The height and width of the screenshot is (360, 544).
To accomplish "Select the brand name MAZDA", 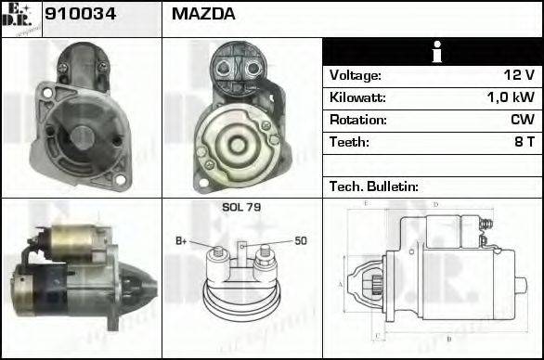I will point(203,14).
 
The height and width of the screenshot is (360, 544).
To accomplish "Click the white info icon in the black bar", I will point(432,52).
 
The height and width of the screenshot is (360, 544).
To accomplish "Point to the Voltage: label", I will point(355,75).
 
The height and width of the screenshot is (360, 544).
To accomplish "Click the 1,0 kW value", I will point(511,97).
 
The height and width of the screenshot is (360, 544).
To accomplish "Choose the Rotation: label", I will point(357,120).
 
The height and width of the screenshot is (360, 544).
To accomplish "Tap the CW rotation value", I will point(522,120).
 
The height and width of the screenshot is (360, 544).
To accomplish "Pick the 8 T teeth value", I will point(524,142).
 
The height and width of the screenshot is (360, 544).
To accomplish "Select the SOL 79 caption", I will point(240,207).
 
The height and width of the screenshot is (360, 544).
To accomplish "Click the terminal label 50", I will point(300,241).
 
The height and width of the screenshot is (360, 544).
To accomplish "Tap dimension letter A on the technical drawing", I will point(341,284).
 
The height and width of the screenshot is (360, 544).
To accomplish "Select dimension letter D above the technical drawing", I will point(435,203).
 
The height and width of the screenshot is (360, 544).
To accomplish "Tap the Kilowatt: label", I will point(357,97).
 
